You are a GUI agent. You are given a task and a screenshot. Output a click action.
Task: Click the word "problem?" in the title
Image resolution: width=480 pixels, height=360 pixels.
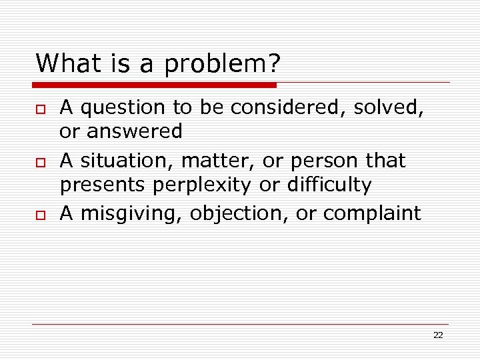coord(222,65)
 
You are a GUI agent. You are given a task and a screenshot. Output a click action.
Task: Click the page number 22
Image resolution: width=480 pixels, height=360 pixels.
coord(438,335)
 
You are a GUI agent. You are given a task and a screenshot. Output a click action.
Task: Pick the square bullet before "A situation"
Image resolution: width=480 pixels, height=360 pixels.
coord(39,162)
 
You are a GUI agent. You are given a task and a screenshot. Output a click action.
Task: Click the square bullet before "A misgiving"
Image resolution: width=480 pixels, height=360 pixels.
coord(39,215)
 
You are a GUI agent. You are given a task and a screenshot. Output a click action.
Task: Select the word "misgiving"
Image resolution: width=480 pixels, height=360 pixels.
coord(131,214)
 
